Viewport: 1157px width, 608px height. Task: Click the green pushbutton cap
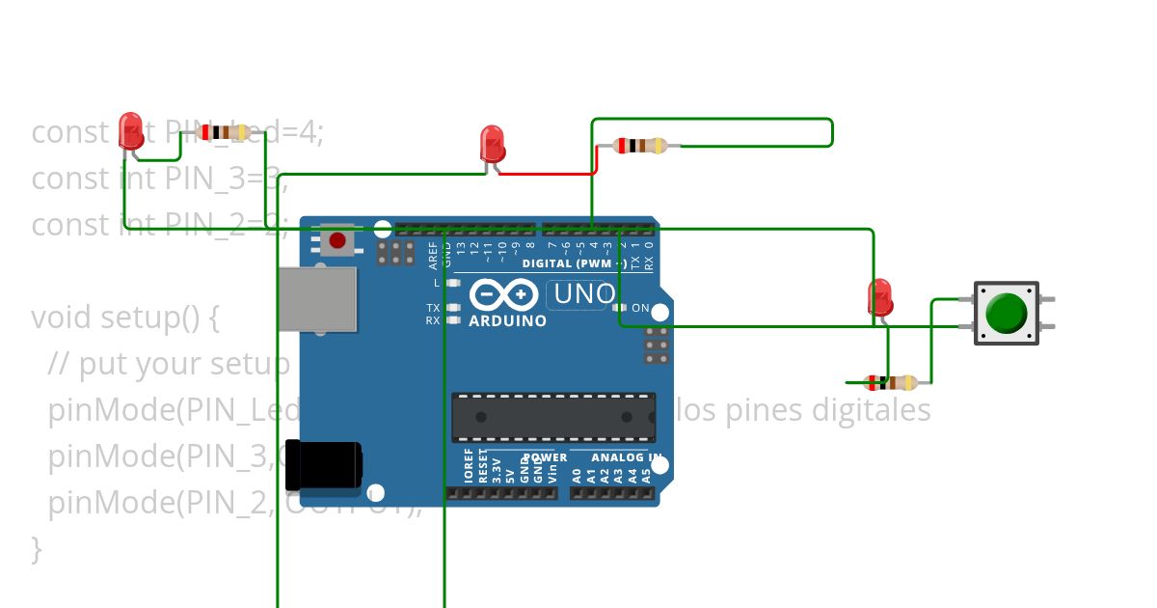1007,313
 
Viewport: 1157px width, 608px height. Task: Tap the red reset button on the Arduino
337,240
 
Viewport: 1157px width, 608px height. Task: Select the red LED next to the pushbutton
879,297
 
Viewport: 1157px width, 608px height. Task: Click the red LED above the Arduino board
492,144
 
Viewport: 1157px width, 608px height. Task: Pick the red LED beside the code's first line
131,131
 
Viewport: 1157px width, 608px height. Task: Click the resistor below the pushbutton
891,382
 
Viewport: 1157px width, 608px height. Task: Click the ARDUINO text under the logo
507,321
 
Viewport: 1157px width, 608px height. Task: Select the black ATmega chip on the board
553,417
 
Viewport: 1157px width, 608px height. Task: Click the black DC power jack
328,464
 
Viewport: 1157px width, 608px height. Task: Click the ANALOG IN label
626,457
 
